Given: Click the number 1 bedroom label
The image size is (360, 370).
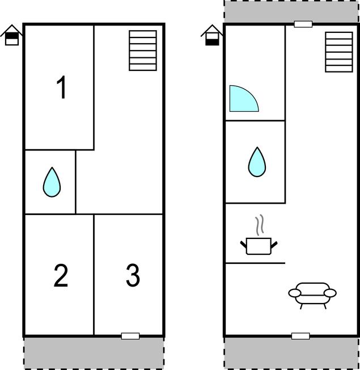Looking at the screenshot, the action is (61, 87).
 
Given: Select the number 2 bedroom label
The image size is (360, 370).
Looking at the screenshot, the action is (61, 276).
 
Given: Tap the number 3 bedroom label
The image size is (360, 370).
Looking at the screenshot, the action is (133, 275).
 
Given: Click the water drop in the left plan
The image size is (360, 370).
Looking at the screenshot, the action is (52, 182).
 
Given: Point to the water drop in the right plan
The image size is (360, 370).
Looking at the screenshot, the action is (257, 162).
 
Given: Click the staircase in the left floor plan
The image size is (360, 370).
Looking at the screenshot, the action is (143, 51).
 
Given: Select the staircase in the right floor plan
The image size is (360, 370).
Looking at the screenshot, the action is (339, 52).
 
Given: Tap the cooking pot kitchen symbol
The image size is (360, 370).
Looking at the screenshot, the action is (259, 246).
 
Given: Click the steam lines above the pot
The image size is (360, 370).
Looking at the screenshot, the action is (259, 225).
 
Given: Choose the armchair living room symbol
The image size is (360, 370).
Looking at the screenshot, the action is (312, 296).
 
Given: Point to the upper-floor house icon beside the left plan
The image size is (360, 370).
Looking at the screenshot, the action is (11, 35).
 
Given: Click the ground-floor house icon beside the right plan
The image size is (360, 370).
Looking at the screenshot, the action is (212, 35).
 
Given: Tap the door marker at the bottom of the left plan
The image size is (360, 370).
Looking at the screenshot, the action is (130, 336).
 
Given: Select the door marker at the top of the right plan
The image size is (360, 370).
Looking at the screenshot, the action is (303, 24).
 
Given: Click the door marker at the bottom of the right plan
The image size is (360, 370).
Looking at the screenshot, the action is (300, 336).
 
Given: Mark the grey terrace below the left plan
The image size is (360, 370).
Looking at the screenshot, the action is (94, 353).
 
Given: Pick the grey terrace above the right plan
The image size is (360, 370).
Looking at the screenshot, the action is (291, 11).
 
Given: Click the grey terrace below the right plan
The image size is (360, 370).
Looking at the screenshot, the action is (291, 353).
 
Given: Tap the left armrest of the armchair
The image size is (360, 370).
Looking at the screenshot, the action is (295, 293).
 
